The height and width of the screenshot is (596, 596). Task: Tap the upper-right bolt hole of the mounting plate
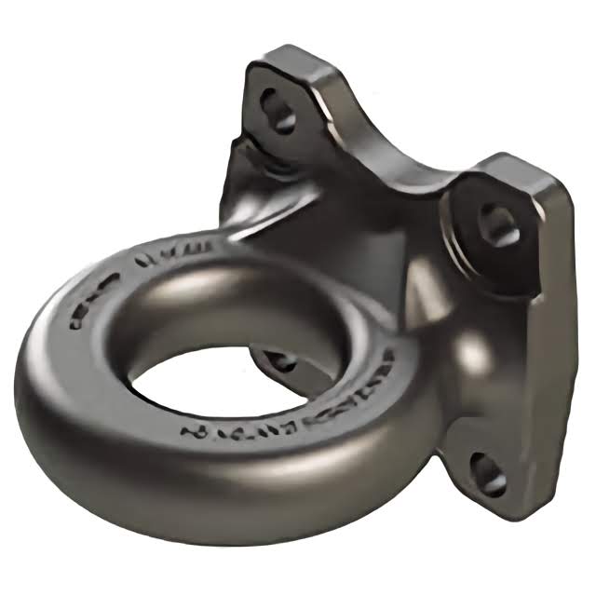pyautogui.click(x=499, y=223)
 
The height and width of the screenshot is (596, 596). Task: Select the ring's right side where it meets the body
pyautogui.click(x=410, y=391)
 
